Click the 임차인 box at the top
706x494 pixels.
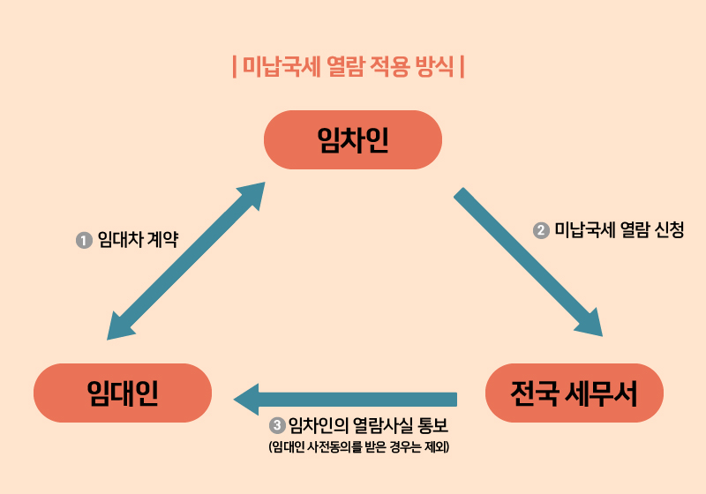(353, 139)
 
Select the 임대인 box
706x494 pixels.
(123, 393)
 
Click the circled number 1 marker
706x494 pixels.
(85, 239)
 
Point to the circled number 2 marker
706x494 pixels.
(542, 230)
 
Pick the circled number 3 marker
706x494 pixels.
(279, 425)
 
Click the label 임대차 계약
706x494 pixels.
(138, 239)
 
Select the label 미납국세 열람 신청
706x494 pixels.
(619, 230)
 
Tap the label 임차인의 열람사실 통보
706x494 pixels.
(369, 425)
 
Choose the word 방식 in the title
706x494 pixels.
(436, 67)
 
